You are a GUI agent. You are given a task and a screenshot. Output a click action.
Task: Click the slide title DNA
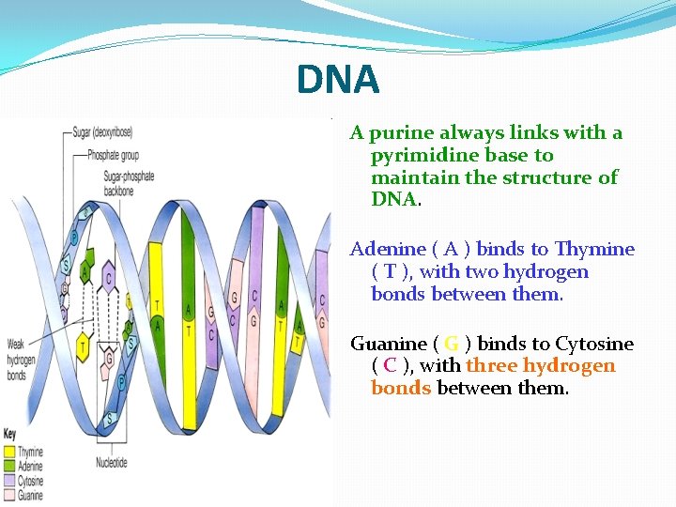(338, 79)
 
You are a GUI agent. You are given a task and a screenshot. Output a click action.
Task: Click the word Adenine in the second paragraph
(386, 250)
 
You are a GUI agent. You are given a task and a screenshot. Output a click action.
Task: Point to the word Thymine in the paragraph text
(594, 250)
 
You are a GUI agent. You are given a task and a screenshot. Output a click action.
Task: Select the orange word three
(491, 366)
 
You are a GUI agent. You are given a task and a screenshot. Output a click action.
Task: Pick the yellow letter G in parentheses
(451, 344)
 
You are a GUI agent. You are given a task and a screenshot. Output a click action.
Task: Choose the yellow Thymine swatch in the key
(10, 452)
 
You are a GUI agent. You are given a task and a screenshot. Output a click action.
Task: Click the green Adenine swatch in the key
(10, 465)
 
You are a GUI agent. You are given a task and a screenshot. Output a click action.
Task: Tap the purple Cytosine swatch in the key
(10, 479)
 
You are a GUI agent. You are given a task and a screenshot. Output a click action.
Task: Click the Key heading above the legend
(10, 435)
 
